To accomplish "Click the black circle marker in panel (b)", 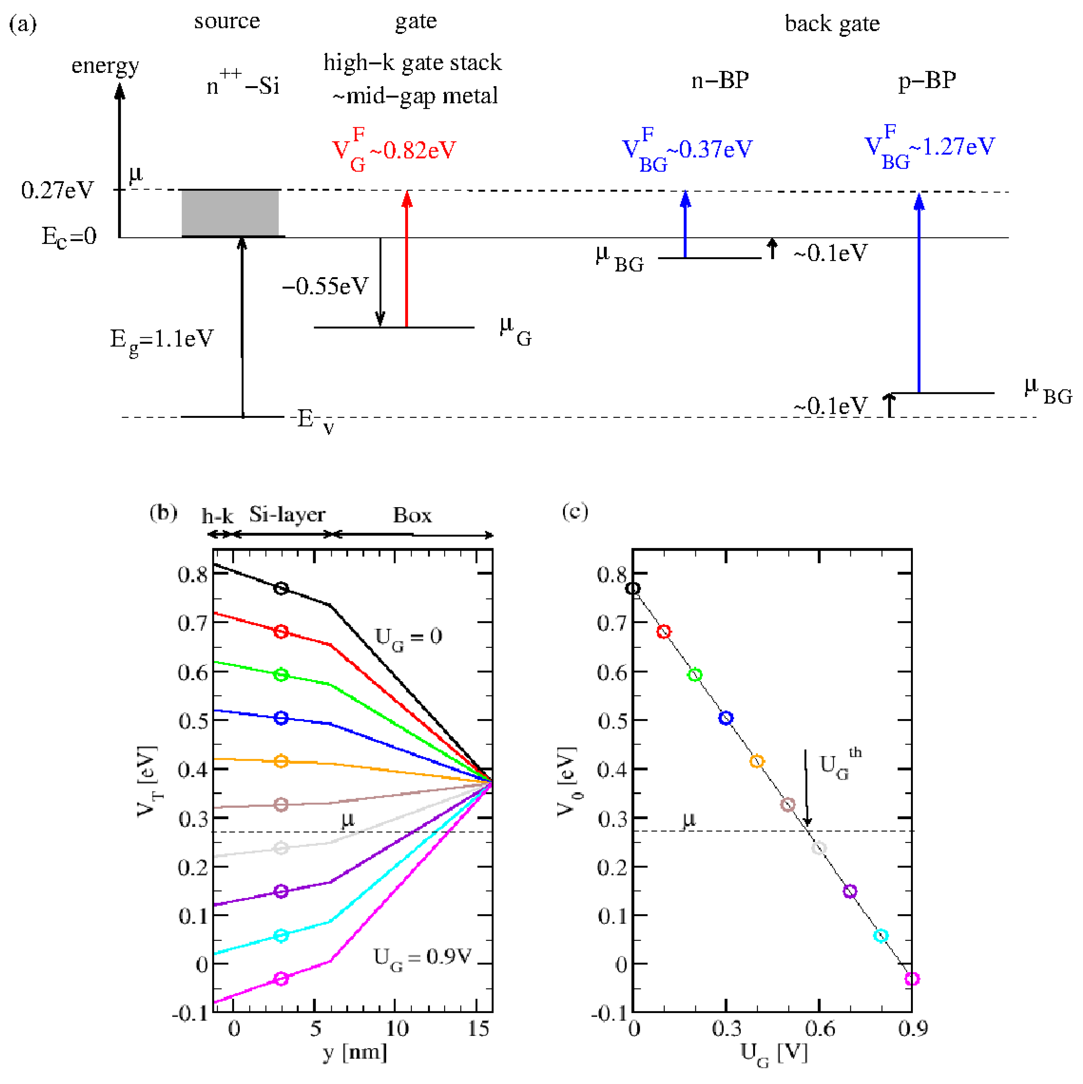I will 281,588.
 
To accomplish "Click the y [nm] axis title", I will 355,1053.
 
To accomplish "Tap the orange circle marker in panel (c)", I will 757,761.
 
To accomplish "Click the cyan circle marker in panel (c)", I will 881,935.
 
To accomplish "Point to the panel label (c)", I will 575,512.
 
